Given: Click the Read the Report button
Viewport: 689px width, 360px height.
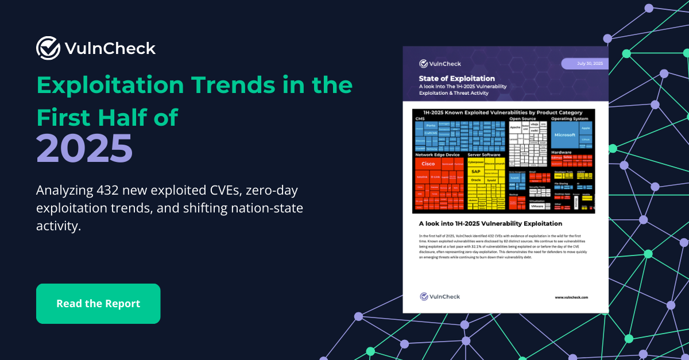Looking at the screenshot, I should click(x=98, y=304).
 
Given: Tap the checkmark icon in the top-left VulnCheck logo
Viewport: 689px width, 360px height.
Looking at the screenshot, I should click(x=48, y=48).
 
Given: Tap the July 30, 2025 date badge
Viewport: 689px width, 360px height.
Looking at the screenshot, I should click(x=584, y=63).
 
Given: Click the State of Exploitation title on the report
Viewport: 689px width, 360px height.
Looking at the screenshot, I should click(x=456, y=78).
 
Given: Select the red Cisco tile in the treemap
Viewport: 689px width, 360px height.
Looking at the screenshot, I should click(x=428, y=164).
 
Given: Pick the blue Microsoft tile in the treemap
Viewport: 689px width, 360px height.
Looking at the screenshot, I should click(x=564, y=134).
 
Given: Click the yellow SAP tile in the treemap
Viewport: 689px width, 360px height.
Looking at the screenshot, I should click(x=476, y=171).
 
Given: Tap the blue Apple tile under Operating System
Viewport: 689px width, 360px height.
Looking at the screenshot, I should click(x=585, y=128).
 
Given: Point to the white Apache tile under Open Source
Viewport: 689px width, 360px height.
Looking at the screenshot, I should click(x=515, y=127).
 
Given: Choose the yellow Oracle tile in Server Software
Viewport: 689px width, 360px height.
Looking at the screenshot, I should click(x=476, y=180).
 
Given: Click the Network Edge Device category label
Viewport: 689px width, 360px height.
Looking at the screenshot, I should click(x=438, y=155).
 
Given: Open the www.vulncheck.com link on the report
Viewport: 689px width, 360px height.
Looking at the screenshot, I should click(x=571, y=297).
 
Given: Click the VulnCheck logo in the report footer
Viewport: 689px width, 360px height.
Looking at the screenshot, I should click(x=440, y=296).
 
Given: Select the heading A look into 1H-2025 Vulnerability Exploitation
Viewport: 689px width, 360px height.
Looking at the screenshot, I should click(x=490, y=223).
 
